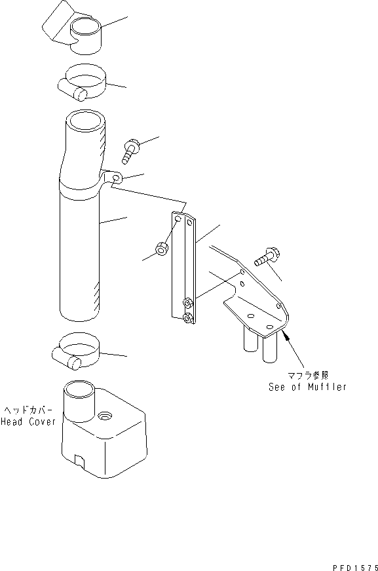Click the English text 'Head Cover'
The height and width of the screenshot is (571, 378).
(x=28, y=422)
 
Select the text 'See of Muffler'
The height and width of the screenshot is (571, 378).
(x=307, y=387)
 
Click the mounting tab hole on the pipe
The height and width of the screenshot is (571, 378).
(x=116, y=178)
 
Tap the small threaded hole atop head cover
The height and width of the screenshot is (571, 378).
(x=105, y=416)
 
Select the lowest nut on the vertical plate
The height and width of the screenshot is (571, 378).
(x=188, y=318)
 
